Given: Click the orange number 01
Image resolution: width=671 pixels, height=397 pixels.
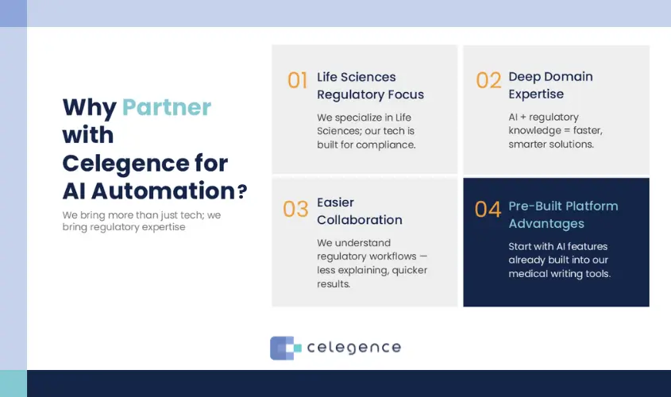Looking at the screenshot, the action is pos(298,80).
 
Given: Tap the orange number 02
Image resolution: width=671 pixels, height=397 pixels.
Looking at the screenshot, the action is pos(488,80).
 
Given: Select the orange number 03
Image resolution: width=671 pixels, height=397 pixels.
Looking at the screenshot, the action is pos(295,209).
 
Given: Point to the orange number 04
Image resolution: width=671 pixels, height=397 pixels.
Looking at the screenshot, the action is pos(488,209).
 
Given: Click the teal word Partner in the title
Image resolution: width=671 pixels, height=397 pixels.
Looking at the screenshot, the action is pos(167,107).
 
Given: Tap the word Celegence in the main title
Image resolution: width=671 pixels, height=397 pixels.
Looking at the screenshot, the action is pos(125,163).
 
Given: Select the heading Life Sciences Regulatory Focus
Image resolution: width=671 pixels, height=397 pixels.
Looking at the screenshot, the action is pos(370,86).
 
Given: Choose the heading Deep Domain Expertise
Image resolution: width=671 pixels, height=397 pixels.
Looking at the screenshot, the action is pos(550,85).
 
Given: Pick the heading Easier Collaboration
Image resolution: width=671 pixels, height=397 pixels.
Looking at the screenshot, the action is pos(360,211).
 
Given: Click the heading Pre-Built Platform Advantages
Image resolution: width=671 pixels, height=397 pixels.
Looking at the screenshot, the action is pos(563,214).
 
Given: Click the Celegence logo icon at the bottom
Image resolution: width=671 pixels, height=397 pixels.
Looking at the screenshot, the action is pos(285,348).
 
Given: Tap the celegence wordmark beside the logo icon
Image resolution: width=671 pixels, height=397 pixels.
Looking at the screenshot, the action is pos(354,348).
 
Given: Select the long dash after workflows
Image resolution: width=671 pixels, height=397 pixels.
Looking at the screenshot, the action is pos(422,256).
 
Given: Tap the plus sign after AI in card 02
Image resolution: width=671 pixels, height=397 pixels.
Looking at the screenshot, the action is pos(523,118).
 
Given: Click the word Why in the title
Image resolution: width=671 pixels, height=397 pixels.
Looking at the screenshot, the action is pos(90,107).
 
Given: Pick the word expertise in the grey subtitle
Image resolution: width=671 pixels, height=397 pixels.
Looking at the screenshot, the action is pos(164,227).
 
